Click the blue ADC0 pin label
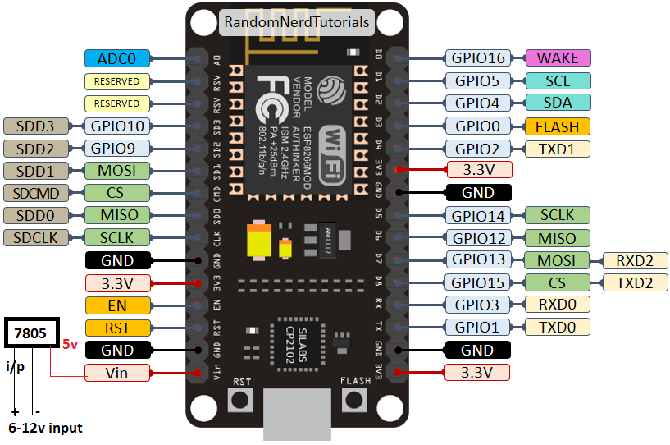pos(117,58)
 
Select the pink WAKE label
pos(557,58)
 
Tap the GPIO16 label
pos(477,58)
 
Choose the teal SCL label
pos(557,81)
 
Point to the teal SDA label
pos(557,103)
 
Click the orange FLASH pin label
pos(557,126)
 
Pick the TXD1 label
pos(557,149)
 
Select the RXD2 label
pos(635,261)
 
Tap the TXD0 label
pos(557,328)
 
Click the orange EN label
pos(117,305)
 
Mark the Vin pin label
pos(117,373)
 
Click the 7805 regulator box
pos(32,333)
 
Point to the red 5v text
pos(71,346)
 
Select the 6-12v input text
pos(45,429)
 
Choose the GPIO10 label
pos(117,126)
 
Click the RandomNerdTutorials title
pos(296,22)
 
